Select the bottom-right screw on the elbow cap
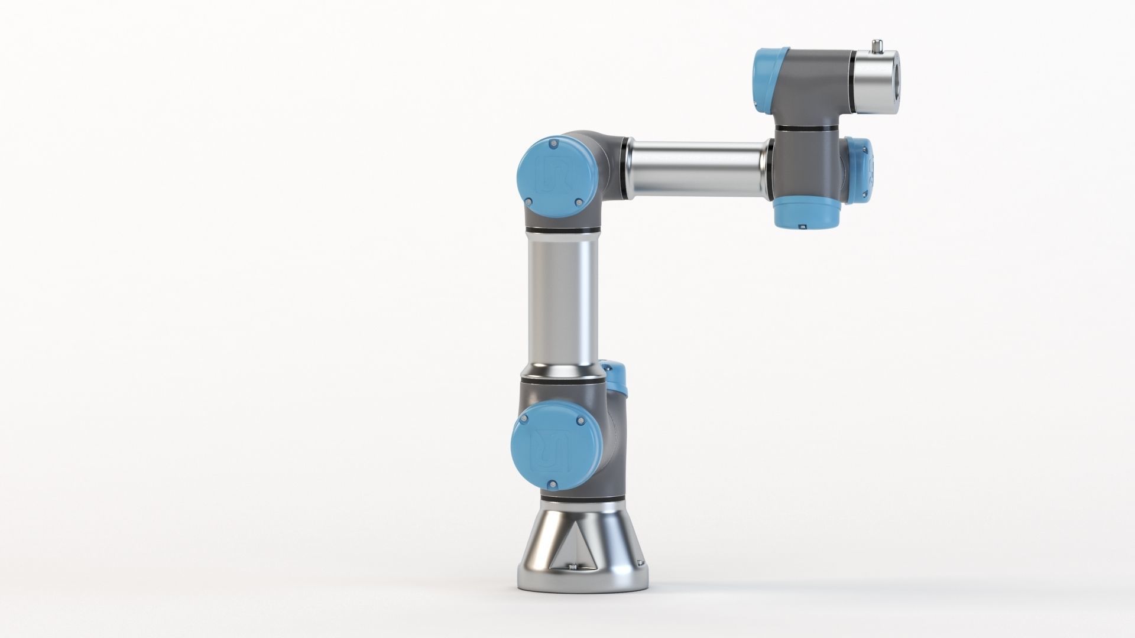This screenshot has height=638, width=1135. point(579,203)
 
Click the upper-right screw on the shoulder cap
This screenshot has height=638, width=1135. point(579,421)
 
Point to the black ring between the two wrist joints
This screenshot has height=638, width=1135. point(810,128)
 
